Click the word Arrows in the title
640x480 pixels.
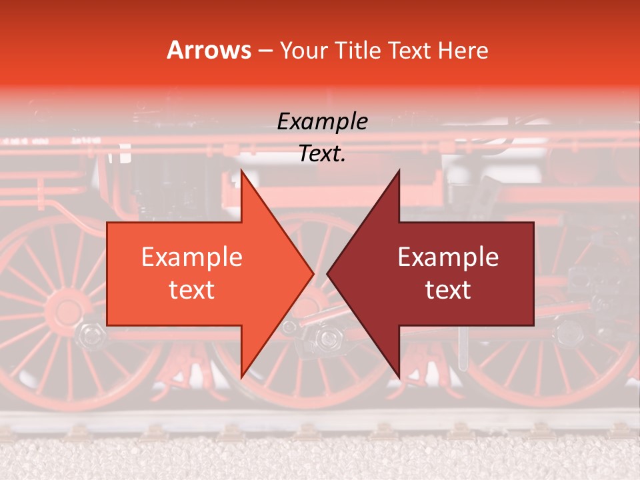[209, 51]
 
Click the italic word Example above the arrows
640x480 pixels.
[322, 122]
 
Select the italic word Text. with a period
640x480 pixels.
[322, 154]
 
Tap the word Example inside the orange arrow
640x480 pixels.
[192, 257]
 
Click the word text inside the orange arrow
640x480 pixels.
[192, 290]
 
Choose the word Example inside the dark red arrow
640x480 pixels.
[448, 257]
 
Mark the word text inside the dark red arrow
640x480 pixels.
[448, 290]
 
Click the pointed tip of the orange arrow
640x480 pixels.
[313, 273]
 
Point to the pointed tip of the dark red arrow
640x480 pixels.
[327, 273]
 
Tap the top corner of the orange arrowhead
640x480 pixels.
[241, 171]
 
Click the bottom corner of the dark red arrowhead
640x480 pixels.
[399, 377]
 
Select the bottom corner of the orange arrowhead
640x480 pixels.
[241, 377]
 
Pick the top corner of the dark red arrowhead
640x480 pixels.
[399, 171]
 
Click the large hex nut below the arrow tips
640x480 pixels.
[327, 338]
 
